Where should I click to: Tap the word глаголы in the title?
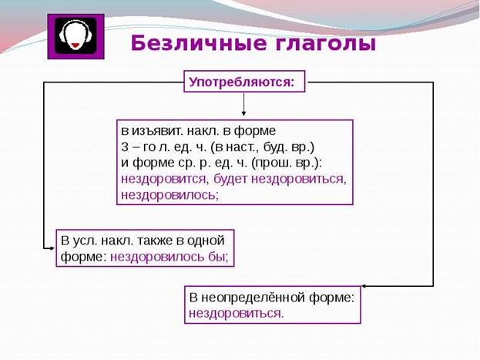coord(325,44)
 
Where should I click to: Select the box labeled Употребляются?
coord(244,82)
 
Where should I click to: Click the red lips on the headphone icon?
coord(76,45)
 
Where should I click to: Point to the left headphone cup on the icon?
coord(62,36)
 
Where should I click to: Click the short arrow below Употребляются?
coord(243,104)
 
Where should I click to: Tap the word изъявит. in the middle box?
coord(156,131)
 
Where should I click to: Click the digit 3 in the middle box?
coord(125,147)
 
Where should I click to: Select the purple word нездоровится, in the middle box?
coord(165,179)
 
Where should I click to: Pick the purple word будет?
coord(230,179)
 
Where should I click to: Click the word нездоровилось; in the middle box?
coord(170,195)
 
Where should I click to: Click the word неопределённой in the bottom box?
coord(253,298)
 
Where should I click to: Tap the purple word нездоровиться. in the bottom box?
coord(236,314)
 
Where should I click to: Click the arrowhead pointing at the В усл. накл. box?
coord(52,248)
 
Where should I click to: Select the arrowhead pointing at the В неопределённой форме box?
coord(364,287)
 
